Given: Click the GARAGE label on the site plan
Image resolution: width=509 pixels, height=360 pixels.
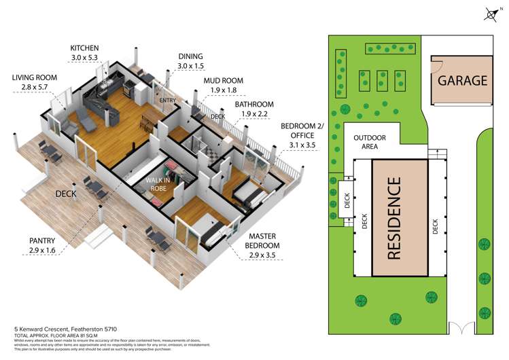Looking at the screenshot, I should tap(462, 80).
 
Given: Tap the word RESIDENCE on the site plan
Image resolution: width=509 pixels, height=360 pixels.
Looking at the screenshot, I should tap(396, 219).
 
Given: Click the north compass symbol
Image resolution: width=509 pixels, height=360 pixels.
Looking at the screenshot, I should tap(492, 14).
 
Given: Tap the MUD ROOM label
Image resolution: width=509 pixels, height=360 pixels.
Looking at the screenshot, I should tap(223, 80).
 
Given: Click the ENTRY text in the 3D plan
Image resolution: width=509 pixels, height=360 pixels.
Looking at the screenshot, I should tap(167, 101).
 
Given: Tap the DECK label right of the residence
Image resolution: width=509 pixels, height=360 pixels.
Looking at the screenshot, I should tap(436, 226).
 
